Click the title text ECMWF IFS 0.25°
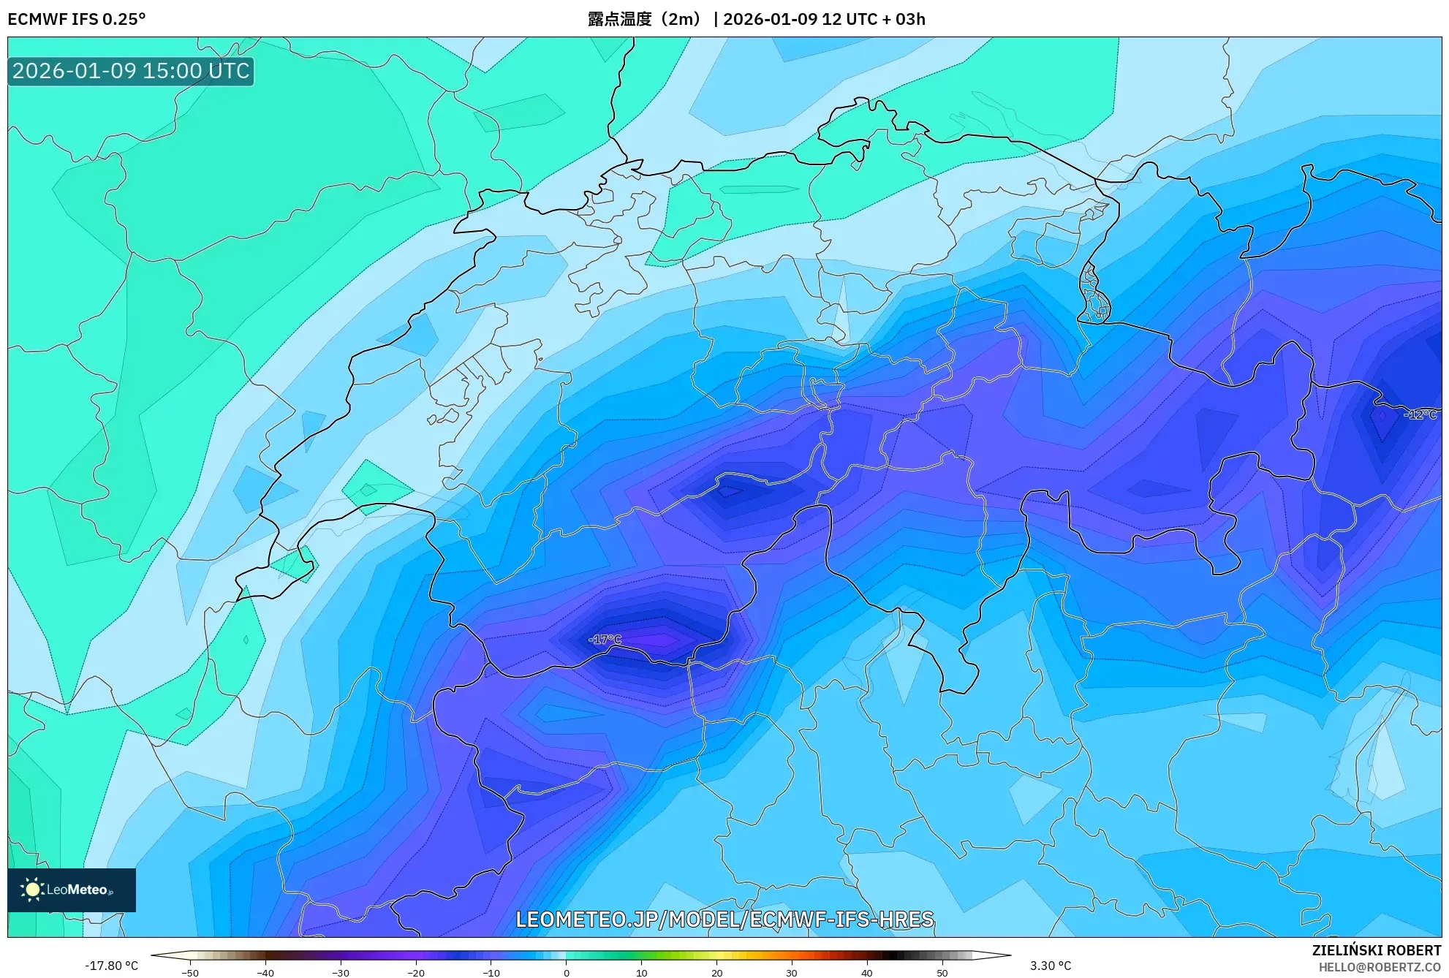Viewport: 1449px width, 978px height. pyautogui.click(x=77, y=19)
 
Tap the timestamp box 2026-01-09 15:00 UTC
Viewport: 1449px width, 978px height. pyautogui.click(x=131, y=71)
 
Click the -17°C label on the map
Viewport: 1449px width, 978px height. pyautogui.click(x=605, y=640)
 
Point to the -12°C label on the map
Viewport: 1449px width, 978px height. pyautogui.click(x=1420, y=414)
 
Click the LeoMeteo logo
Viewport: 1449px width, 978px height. pyautogui.click(x=72, y=890)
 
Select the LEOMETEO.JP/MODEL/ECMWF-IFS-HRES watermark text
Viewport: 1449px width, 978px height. pyautogui.click(x=724, y=919)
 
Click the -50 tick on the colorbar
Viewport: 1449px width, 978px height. pyautogui.click(x=190, y=972)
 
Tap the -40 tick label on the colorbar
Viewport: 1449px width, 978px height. pyautogui.click(x=265, y=972)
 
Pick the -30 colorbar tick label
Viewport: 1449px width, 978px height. pyautogui.click(x=341, y=972)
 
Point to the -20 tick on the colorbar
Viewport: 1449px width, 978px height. pyautogui.click(x=416, y=972)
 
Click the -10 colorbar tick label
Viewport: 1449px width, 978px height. pyautogui.click(x=491, y=972)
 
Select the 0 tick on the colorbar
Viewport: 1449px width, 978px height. pyautogui.click(x=567, y=972)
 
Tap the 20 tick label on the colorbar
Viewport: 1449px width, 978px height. pyautogui.click(x=716, y=972)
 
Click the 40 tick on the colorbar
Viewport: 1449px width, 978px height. pyautogui.click(x=867, y=972)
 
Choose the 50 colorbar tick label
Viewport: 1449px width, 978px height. pyautogui.click(x=942, y=972)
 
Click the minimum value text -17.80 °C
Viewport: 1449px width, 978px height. pyautogui.click(x=111, y=966)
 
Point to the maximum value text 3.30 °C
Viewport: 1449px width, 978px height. pyautogui.click(x=1051, y=966)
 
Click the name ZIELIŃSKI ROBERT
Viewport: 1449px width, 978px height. pyautogui.click(x=1377, y=950)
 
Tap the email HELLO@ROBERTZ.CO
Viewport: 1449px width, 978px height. pyautogui.click(x=1380, y=967)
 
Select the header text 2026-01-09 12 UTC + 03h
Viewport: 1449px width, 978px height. pyautogui.click(x=824, y=19)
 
